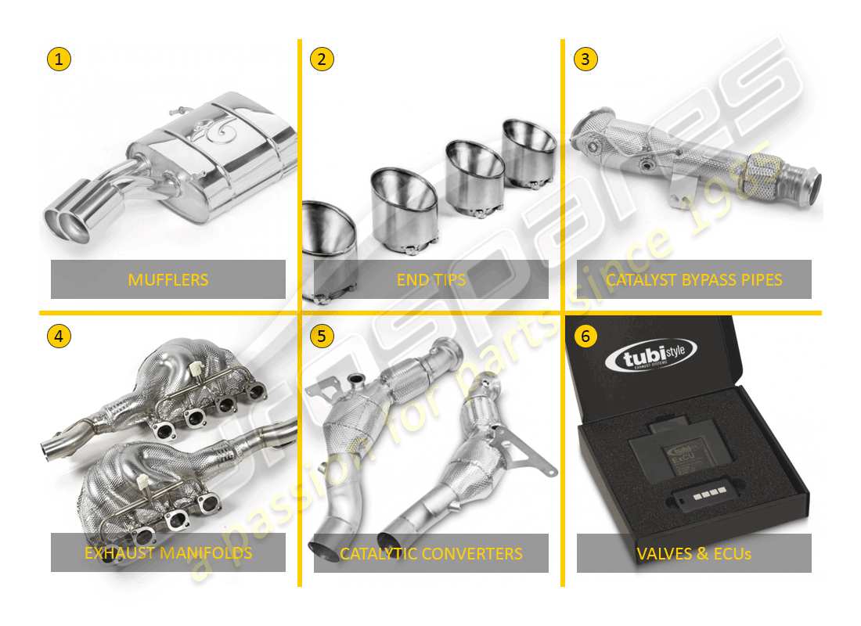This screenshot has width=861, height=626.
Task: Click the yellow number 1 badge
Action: coord(59,59)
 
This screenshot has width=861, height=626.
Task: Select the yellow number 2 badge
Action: coord(322,59)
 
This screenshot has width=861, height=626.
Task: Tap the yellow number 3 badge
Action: coord(585,59)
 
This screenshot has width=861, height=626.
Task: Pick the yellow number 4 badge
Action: coord(59,336)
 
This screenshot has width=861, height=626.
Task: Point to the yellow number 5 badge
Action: coord(322,336)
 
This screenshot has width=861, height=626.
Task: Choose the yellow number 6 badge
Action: coord(585,336)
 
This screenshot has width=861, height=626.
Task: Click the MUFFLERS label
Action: coord(168,279)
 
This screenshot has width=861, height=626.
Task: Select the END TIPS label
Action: coord(431,279)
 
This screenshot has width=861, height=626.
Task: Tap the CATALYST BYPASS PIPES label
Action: coord(694,279)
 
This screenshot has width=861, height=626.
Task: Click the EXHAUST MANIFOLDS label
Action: coord(168,553)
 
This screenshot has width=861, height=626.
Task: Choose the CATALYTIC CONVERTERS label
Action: coord(431,553)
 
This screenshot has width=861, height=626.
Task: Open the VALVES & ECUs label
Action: coord(694,553)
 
